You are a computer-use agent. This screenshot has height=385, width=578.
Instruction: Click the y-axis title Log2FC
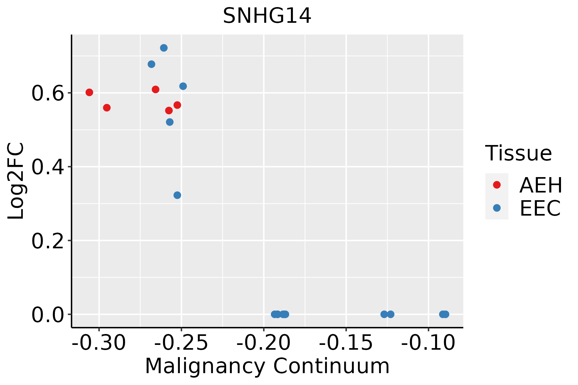point(16,181)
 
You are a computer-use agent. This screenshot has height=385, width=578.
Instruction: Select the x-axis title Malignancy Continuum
point(267,366)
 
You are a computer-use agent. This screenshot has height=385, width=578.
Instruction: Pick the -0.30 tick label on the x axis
point(99,343)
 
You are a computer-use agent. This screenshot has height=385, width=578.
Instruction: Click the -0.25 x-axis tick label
point(181,343)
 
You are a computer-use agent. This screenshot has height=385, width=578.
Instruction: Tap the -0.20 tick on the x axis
point(264,343)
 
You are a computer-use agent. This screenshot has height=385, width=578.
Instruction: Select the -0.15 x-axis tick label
point(346,343)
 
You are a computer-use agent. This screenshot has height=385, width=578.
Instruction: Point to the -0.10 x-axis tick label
point(428,343)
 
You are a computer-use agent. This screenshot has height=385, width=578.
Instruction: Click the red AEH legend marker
point(497,185)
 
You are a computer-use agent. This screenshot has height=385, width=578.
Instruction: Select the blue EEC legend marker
point(497,208)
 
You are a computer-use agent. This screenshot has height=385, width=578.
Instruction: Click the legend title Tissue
point(518,153)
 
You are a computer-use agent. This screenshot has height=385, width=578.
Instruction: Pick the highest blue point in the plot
point(164,48)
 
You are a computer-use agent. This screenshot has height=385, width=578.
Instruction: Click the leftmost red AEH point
point(89,92)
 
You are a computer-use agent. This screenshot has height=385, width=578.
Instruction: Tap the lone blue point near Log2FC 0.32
point(177,195)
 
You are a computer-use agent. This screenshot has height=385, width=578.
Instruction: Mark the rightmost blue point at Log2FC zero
point(445,314)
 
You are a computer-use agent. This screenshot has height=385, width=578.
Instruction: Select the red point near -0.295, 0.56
point(107,107)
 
